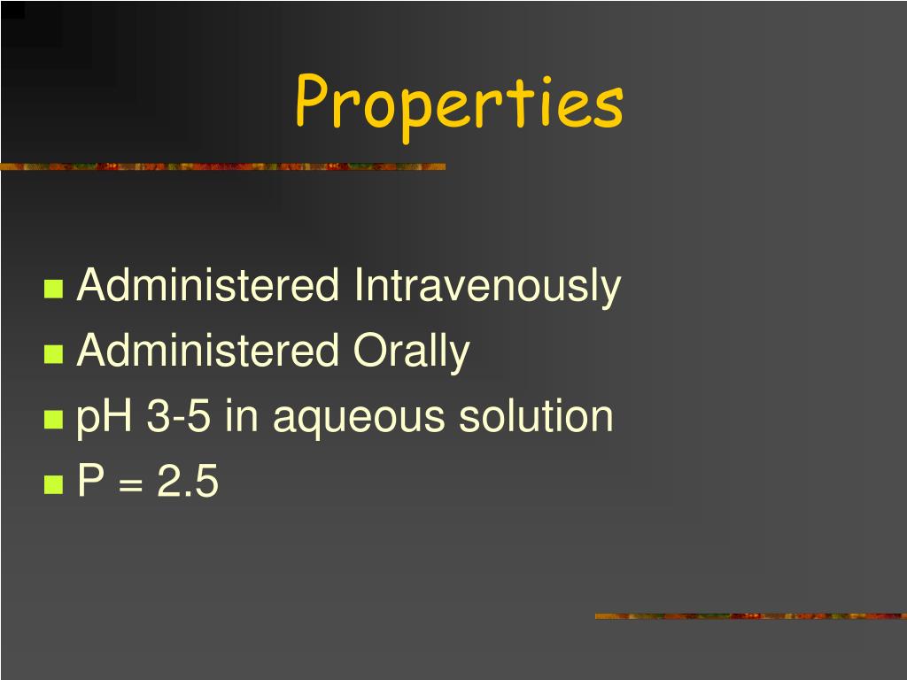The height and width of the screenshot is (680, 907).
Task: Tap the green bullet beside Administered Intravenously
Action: tap(54, 289)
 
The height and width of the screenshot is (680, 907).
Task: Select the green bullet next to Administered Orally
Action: tap(54, 354)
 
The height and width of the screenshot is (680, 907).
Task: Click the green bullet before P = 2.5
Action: tap(54, 484)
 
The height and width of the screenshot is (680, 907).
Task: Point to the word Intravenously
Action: tap(487, 287)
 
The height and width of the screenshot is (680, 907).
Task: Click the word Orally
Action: tap(412, 352)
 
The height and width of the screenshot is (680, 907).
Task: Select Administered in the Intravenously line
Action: tap(208, 287)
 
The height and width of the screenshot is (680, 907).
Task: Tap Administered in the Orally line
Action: tap(208, 352)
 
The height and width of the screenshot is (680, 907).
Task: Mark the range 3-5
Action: tap(179, 417)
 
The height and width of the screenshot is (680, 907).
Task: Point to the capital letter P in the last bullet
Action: tap(90, 483)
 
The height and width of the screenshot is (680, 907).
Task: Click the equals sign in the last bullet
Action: tap(129, 484)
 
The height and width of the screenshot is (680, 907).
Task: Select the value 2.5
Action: tap(187, 483)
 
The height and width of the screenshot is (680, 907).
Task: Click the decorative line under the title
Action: tap(222, 166)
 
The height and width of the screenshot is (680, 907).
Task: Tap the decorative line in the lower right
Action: tap(750, 615)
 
